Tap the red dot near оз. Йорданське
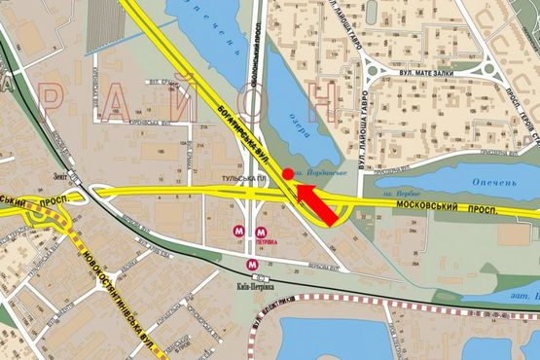point(287,173)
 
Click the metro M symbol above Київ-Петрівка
point(252,263)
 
